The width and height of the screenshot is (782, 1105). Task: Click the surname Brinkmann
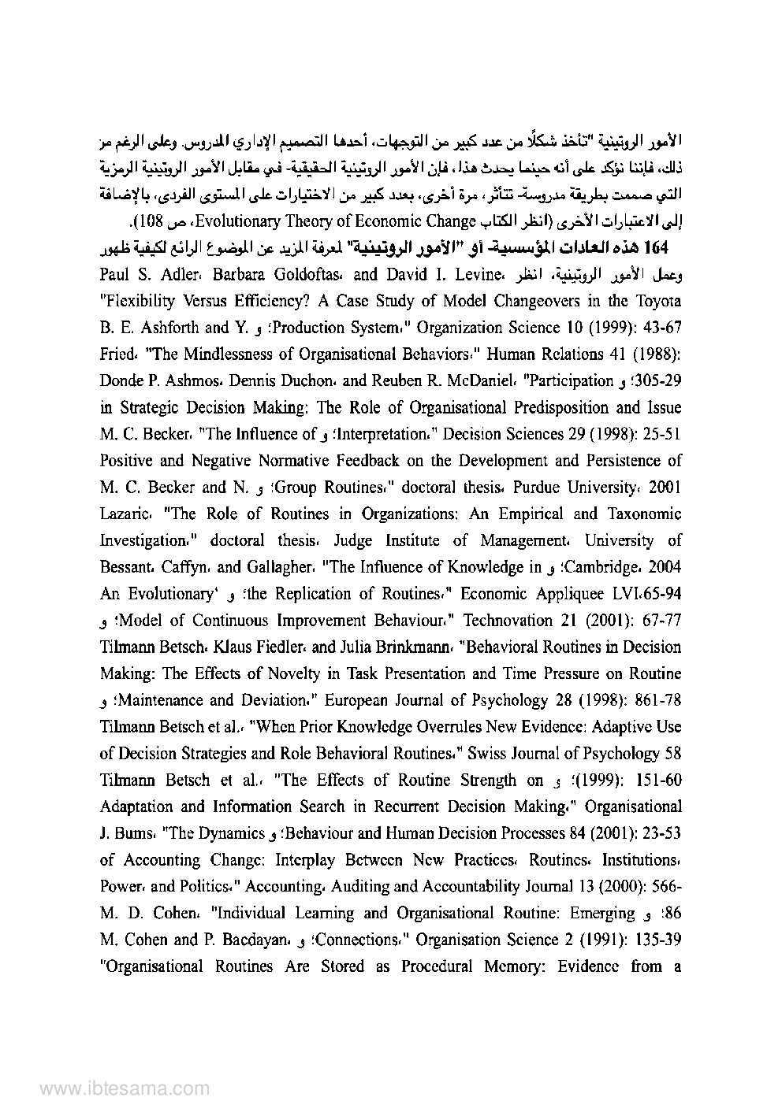tap(407, 647)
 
